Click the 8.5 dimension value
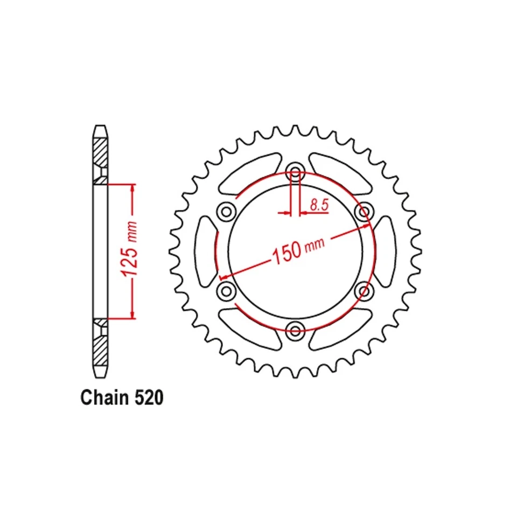318,205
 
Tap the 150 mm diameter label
299,250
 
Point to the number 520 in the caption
146,398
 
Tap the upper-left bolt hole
226,211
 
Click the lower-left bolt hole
226,291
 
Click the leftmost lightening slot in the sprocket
205,251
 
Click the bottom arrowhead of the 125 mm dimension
132,314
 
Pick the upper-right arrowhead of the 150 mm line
366,226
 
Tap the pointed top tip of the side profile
101,128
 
